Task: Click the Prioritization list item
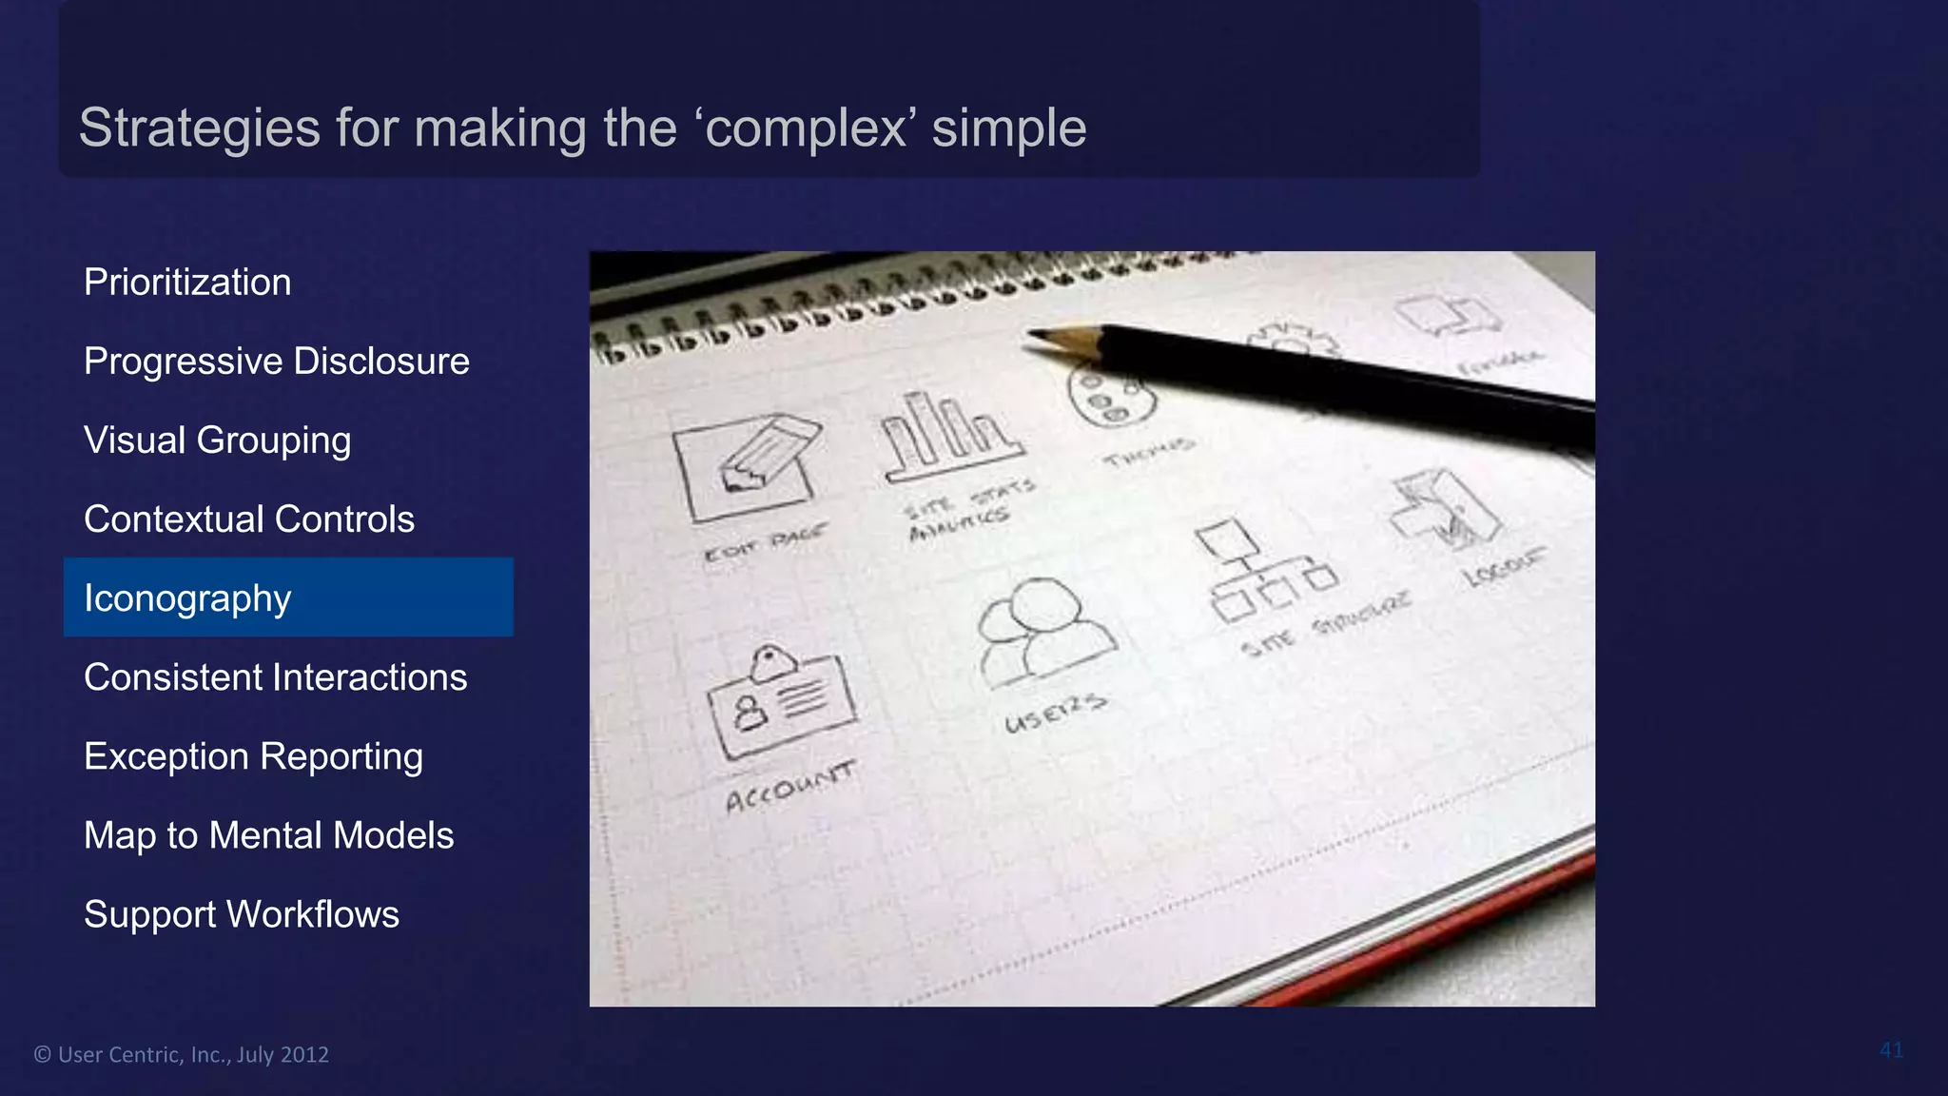point(187,283)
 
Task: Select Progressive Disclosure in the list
point(276,362)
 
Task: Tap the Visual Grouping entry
point(217,440)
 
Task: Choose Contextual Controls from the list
point(249,519)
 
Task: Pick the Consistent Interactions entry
point(275,677)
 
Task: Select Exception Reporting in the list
point(253,756)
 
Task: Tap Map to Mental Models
point(268,835)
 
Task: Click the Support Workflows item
point(242,914)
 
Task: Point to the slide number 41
point(1891,1050)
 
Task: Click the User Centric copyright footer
point(182,1054)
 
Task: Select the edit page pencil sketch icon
point(748,466)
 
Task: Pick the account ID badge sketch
point(781,702)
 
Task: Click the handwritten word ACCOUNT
point(789,787)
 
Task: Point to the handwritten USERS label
point(1055,713)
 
